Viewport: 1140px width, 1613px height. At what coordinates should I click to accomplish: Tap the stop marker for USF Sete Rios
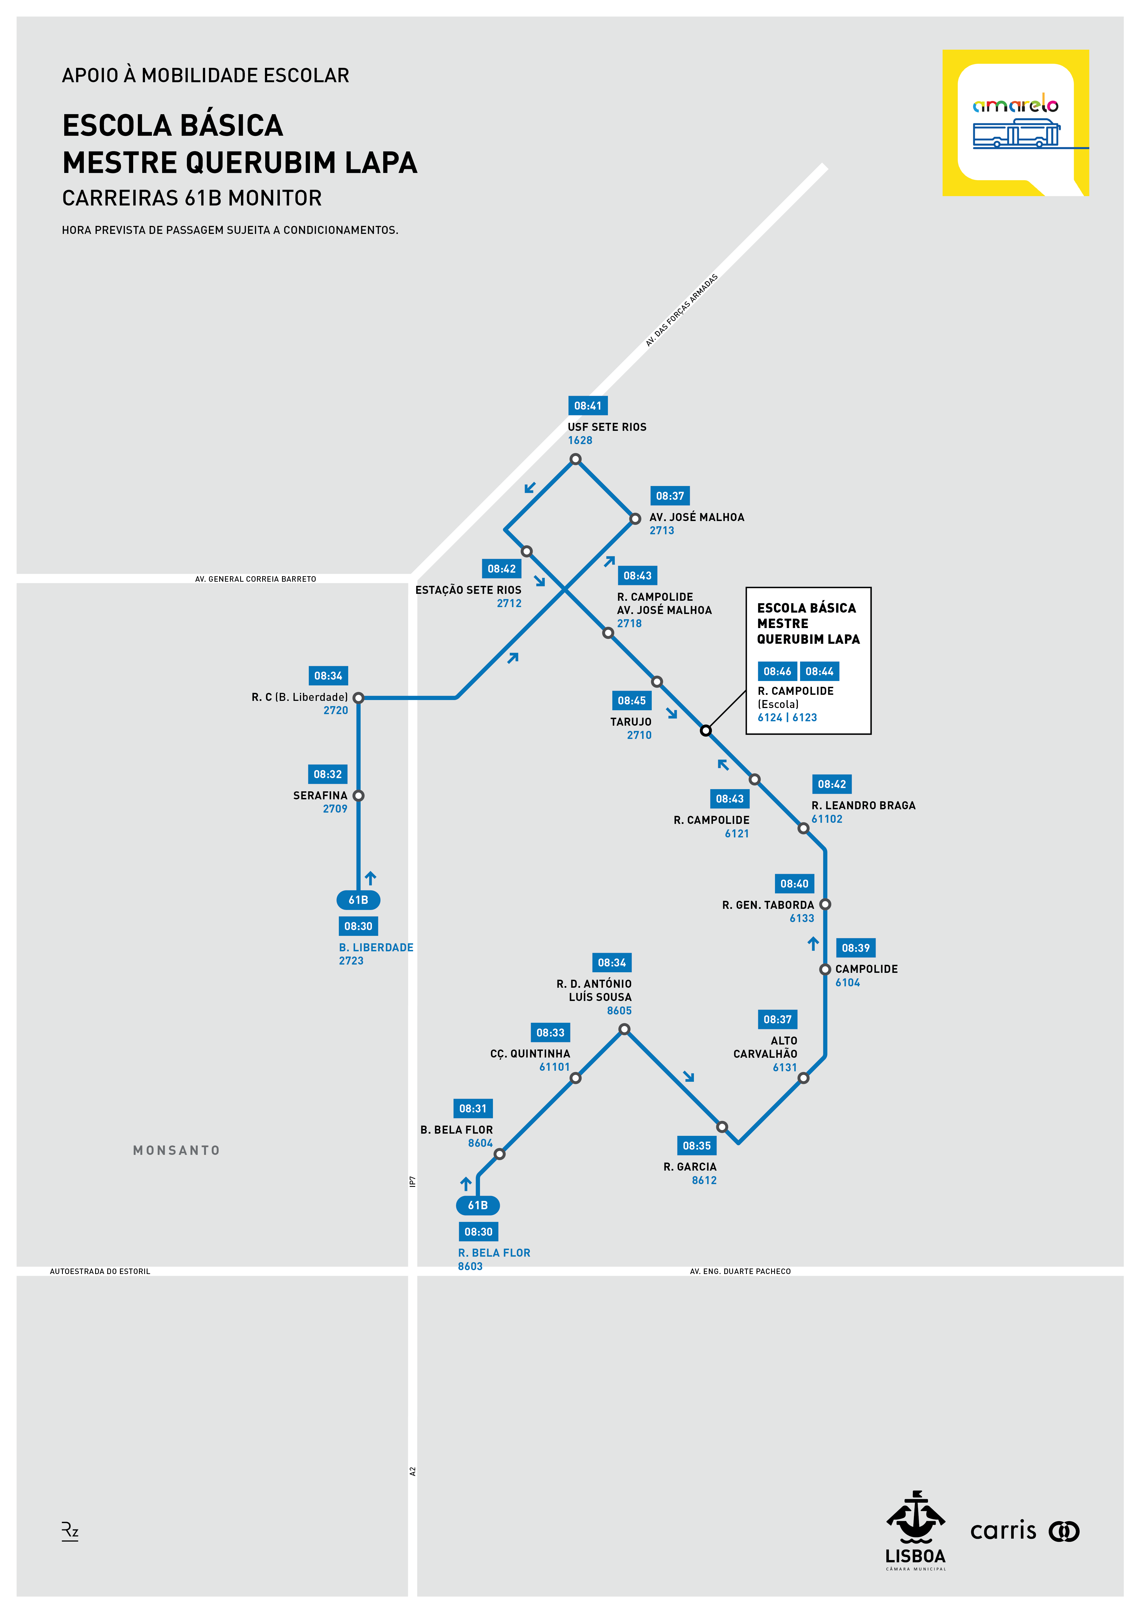[x=575, y=460]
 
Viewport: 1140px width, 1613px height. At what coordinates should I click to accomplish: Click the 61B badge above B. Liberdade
[x=358, y=900]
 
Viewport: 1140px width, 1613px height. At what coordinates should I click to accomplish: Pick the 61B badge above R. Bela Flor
[x=478, y=1206]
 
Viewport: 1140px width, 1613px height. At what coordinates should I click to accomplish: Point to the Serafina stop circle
[x=358, y=796]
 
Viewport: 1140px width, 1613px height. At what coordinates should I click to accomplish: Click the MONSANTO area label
[x=176, y=1150]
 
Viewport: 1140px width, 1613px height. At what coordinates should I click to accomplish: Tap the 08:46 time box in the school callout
[x=777, y=672]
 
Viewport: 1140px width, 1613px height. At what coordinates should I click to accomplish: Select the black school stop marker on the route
[x=706, y=731]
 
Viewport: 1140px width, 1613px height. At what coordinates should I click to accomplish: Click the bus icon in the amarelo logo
[x=1016, y=133]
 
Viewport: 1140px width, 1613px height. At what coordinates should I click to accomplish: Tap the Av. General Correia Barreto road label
[x=256, y=579]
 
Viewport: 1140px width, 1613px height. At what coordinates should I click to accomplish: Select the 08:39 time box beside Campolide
[x=855, y=948]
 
